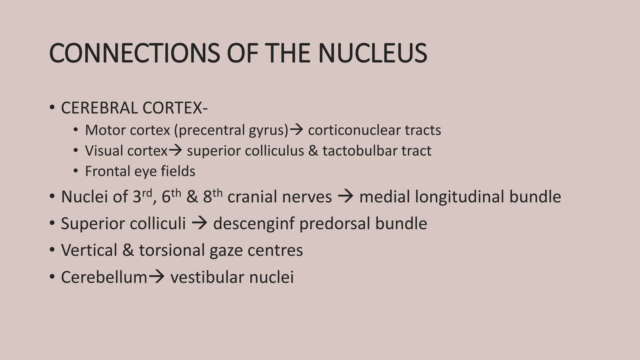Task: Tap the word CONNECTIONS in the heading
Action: pos(135,53)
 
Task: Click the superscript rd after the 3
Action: pos(147,193)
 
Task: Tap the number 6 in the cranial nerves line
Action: pos(166,197)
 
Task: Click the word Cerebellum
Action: pos(104,277)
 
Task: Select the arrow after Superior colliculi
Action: pos(199,223)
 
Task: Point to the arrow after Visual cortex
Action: pos(175,151)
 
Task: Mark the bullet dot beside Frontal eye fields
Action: pos(75,171)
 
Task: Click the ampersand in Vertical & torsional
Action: pos(128,250)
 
